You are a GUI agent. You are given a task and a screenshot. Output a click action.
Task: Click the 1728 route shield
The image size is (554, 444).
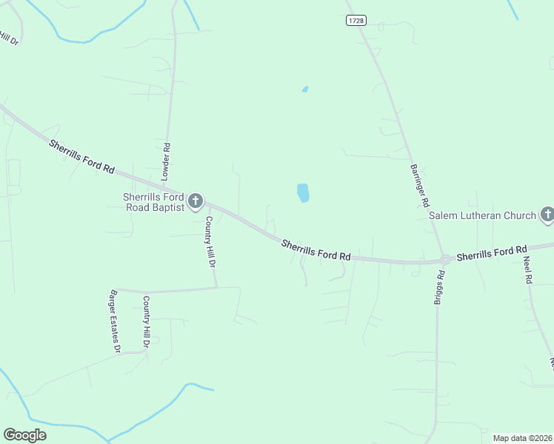[356, 21]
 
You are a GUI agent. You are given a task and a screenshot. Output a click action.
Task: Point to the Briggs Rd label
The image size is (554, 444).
[440, 287]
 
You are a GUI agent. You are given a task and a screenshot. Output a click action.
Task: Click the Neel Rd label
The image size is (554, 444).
[528, 271]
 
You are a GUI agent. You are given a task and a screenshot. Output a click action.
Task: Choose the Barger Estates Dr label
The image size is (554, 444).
[114, 321]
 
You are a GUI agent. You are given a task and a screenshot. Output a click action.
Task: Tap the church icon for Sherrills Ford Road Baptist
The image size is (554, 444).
[196, 201]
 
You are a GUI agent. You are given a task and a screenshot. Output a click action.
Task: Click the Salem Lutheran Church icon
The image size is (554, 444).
[547, 215]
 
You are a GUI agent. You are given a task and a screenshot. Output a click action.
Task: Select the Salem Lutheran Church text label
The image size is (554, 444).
[482, 216]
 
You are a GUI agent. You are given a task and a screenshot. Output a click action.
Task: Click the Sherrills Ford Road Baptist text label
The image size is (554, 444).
[153, 201]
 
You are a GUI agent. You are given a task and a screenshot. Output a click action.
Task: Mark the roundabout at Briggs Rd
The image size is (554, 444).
[446, 260]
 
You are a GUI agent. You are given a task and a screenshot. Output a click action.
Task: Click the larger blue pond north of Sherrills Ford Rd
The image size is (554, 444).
[303, 193]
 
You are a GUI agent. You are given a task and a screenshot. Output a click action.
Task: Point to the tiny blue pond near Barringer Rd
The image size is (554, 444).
[305, 90]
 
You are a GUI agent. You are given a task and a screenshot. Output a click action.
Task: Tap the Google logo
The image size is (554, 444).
[24, 435]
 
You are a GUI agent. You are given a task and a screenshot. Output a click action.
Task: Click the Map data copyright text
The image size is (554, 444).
[523, 438]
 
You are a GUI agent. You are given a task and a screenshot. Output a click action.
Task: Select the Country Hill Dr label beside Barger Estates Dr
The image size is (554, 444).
[147, 322]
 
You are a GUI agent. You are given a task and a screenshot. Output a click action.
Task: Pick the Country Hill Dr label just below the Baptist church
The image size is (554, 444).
[210, 241]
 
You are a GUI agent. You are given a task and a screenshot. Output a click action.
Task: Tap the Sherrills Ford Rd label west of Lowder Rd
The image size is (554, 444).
[81, 156]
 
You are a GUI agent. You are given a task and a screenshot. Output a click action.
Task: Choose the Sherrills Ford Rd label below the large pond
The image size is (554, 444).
[316, 249]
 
